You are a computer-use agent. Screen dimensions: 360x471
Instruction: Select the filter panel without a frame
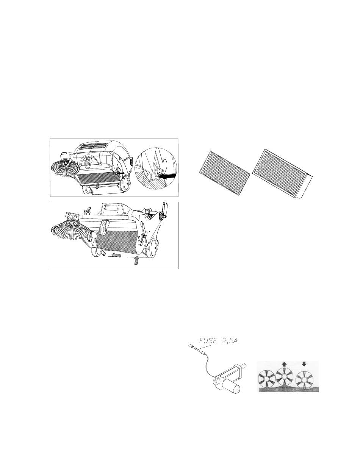click(x=225, y=173)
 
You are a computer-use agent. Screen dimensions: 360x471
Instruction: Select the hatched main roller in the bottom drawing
click(x=117, y=242)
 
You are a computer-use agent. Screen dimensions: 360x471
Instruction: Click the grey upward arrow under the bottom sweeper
click(x=136, y=261)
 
